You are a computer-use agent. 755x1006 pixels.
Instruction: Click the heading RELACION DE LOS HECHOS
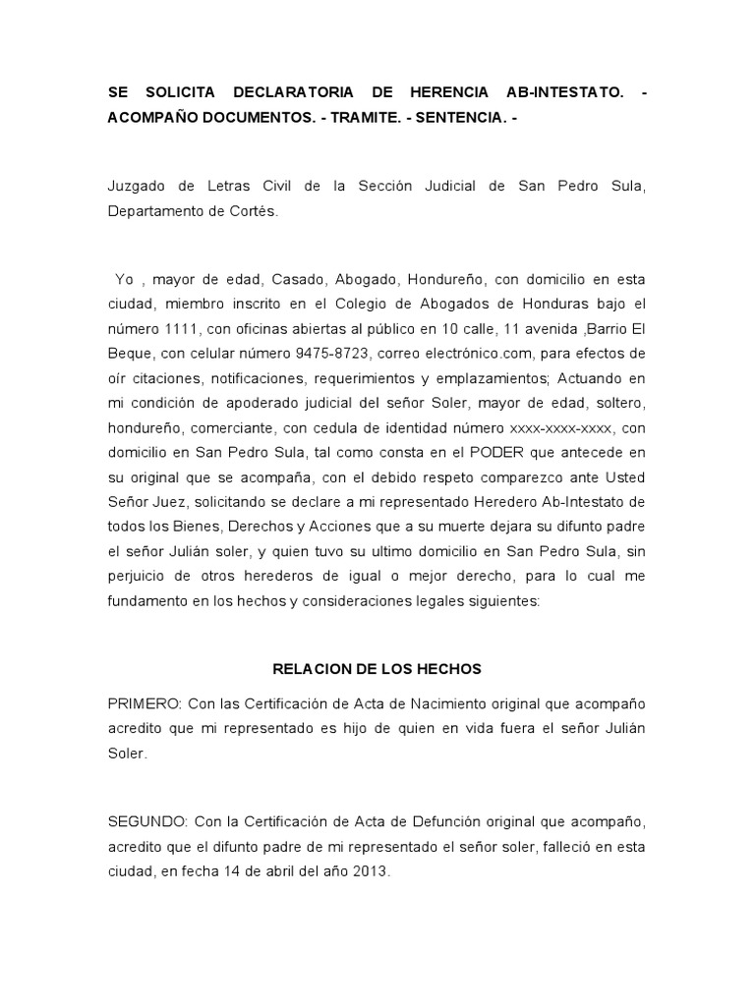[377, 668]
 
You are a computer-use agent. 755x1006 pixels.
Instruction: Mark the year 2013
[373, 869]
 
